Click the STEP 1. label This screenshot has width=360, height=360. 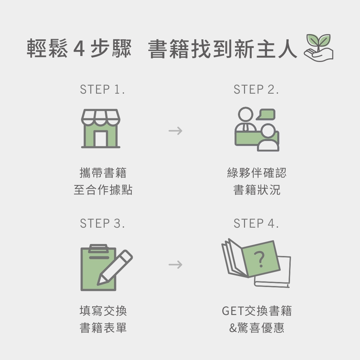point(102,89)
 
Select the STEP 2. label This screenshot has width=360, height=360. point(256,89)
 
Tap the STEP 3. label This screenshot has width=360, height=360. point(102,223)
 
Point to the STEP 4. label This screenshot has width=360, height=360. point(256,223)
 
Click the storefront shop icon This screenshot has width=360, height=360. point(100,129)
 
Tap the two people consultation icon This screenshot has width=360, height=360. point(257,129)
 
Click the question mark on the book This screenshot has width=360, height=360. point(261,259)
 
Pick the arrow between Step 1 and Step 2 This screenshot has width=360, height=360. point(175,130)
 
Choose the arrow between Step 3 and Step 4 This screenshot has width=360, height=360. point(175,265)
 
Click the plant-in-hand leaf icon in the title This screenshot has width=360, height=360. point(318,48)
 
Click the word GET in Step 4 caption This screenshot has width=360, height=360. point(233,311)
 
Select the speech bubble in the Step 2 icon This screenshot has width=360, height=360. point(267,114)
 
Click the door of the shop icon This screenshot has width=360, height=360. point(100,139)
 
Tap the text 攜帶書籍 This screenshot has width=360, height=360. point(103,173)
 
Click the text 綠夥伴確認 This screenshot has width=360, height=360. point(257,173)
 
